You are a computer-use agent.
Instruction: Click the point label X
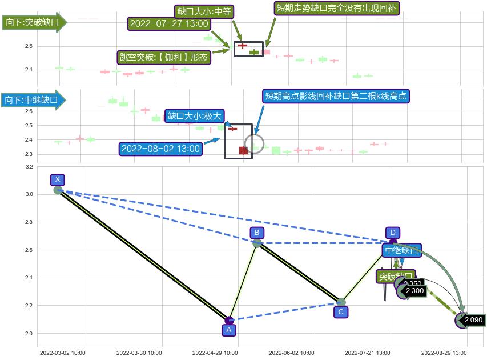tap(58, 180)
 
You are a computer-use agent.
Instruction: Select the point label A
tap(229, 330)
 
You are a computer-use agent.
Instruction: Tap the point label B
tap(257, 233)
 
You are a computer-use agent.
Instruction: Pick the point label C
tap(341, 312)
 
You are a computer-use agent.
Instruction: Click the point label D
tap(392, 233)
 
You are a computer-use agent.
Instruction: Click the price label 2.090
tap(474, 320)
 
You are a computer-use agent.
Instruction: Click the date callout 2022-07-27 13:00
tap(169, 23)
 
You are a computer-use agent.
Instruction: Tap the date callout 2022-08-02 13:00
tap(161, 149)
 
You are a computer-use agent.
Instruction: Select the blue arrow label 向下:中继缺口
tap(33, 101)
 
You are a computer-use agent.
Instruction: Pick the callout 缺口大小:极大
tap(194, 116)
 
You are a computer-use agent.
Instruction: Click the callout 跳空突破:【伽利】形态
tap(163, 57)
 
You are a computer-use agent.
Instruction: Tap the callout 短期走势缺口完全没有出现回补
tap(337, 8)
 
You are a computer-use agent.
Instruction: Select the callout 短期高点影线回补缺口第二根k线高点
tap(336, 96)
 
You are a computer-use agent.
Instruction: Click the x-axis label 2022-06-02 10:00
tap(291, 353)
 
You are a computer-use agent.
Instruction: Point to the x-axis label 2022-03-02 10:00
tap(63, 353)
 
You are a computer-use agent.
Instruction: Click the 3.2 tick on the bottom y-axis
tap(29, 167)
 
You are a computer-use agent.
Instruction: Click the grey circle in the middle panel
tap(255, 144)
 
